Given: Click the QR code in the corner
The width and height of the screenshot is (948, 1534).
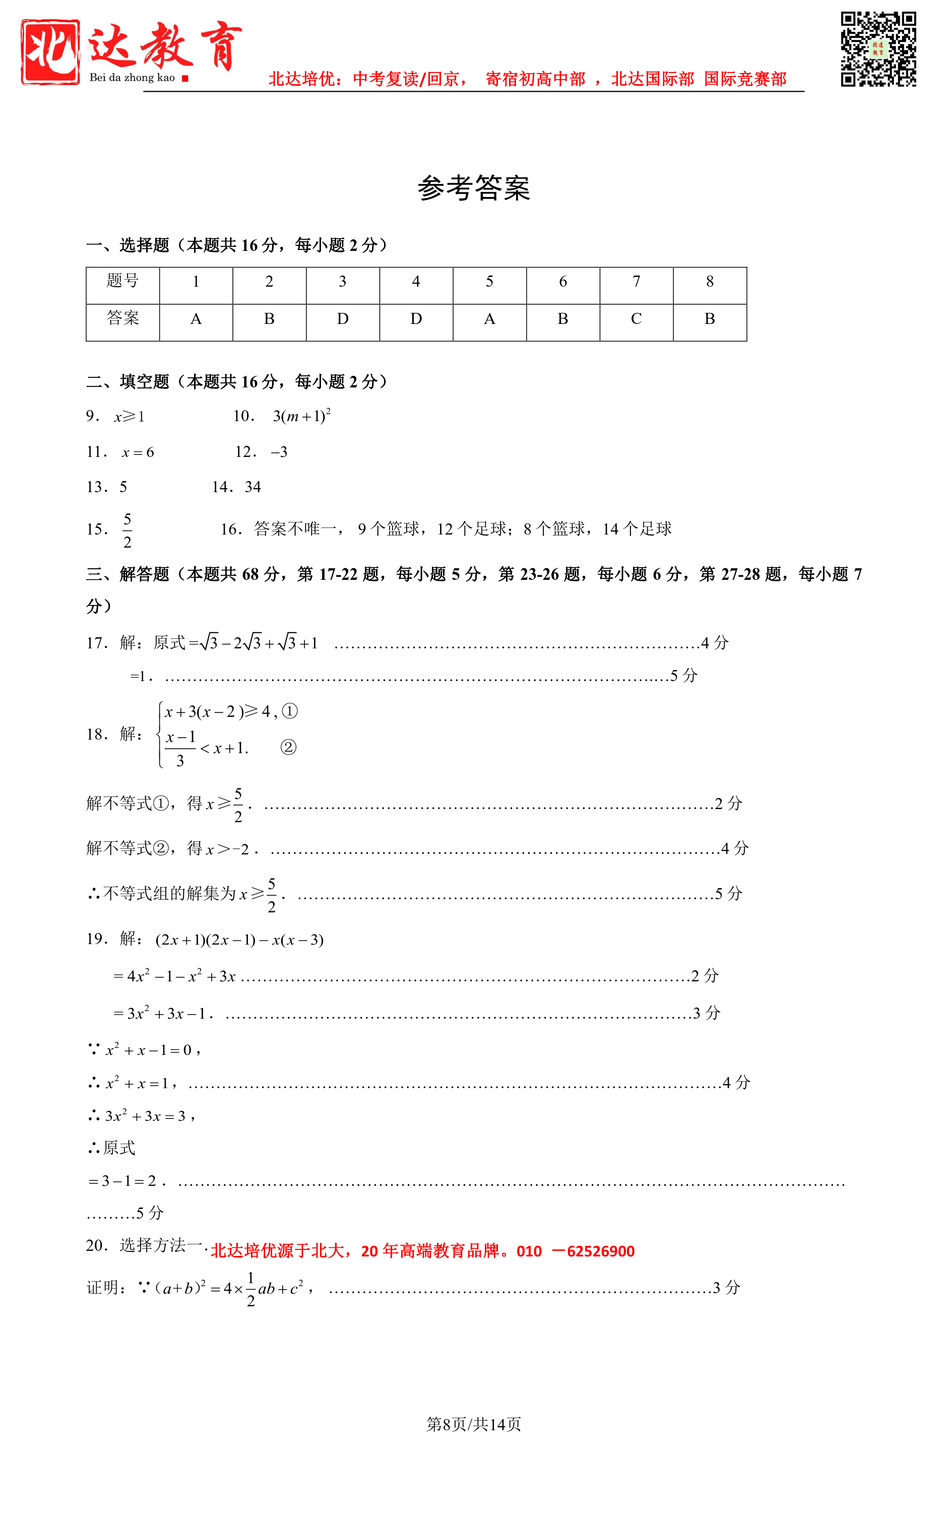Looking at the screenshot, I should point(878,49).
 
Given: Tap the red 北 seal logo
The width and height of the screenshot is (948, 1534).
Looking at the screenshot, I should point(50,52).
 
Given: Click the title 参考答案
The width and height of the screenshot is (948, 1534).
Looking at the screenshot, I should point(474,188).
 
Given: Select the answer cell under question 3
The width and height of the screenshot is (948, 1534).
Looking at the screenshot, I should point(342,319).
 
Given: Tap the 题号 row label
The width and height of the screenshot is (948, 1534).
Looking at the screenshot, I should point(122,281).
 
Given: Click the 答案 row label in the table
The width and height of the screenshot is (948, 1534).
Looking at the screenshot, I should point(122,318).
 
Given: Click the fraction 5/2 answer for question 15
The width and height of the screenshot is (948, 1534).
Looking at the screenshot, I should point(128,530).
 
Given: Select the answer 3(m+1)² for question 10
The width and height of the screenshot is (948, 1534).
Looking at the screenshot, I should point(301,416).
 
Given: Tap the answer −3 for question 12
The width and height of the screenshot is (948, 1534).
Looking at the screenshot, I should point(279,452).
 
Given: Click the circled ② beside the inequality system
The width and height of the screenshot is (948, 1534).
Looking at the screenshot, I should point(288,747).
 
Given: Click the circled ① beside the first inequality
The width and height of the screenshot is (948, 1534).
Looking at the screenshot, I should point(290,711).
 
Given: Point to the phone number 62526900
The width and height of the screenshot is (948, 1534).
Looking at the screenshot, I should point(601,1251).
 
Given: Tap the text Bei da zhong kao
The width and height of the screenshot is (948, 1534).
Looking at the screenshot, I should point(132,78).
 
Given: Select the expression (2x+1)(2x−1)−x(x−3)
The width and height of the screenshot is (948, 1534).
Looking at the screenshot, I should point(239,940).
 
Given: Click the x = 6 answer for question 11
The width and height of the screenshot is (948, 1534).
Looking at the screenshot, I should point(138,452).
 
